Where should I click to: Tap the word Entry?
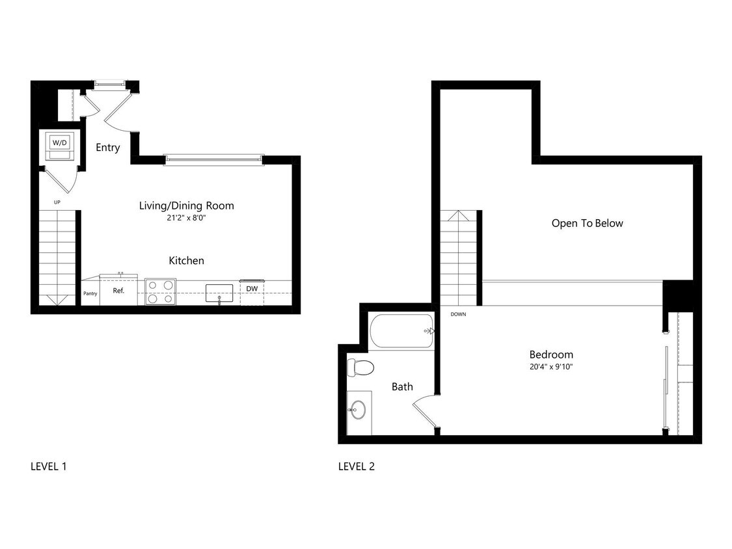(x=107, y=148)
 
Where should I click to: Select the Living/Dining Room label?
(x=186, y=206)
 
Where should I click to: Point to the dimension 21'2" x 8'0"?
(x=186, y=218)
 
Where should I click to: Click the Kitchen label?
(x=186, y=260)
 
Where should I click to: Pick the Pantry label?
(x=90, y=293)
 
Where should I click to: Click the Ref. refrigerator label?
(x=118, y=291)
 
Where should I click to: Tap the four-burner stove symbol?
(x=160, y=291)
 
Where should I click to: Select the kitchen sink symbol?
(x=219, y=293)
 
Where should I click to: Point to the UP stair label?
(x=57, y=202)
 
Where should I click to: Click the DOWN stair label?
(x=458, y=314)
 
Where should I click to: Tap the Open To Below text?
(x=587, y=223)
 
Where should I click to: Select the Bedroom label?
(x=551, y=355)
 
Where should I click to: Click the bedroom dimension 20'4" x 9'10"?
(x=551, y=366)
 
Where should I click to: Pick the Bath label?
(x=401, y=386)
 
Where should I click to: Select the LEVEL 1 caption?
(x=49, y=466)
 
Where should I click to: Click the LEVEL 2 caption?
(x=356, y=466)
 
